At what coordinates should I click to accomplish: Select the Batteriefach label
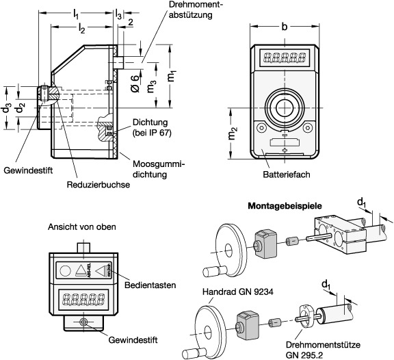[x=285, y=175]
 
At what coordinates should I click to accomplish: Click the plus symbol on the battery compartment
[x=285, y=149]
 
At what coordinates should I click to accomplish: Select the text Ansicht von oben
[x=81, y=227]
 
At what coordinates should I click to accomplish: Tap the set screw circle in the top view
[x=82, y=322]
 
